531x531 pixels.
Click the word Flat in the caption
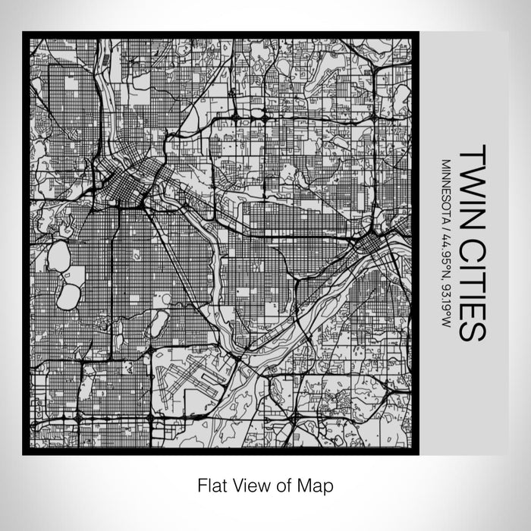click(x=213, y=484)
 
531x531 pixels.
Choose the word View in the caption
click(x=251, y=484)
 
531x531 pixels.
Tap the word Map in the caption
click(x=316, y=484)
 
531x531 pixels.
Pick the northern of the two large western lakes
click(x=58, y=256)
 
